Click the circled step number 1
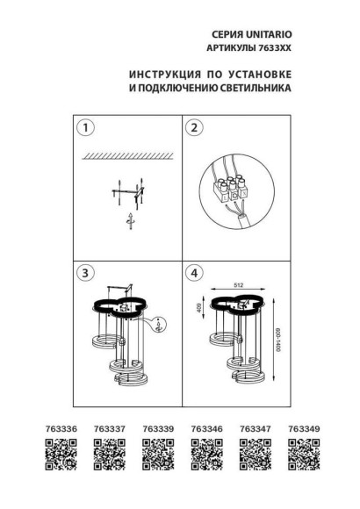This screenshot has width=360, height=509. point(84,128)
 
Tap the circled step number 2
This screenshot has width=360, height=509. point(195,128)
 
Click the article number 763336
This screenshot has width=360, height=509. point(54,429)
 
